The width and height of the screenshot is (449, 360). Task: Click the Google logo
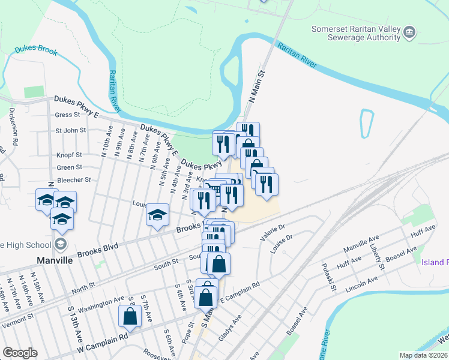tap(20, 353)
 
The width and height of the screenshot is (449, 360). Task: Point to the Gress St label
tap(67, 115)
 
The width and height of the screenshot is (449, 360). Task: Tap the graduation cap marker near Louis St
tap(157, 215)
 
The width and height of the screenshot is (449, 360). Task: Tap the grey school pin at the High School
tap(60, 244)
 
